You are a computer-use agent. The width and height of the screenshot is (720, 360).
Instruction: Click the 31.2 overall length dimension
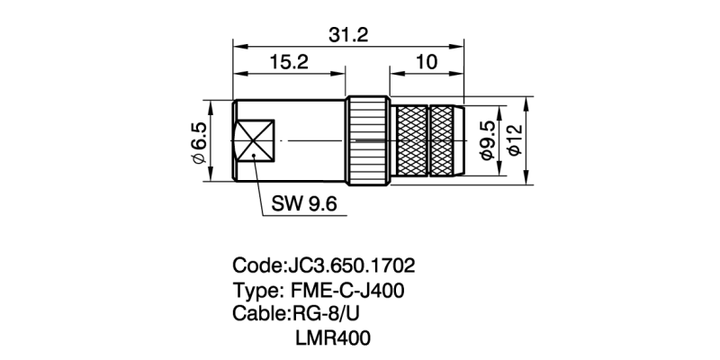[x=347, y=34]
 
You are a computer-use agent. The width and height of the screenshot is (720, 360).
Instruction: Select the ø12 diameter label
[x=514, y=141]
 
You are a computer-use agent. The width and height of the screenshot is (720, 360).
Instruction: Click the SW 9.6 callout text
[x=303, y=205]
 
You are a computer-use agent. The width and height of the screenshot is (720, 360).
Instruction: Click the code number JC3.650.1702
[x=350, y=267]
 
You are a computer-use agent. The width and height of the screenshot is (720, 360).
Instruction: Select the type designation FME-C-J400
[x=348, y=291]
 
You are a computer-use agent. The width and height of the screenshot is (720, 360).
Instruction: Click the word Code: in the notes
[x=258, y=267]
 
